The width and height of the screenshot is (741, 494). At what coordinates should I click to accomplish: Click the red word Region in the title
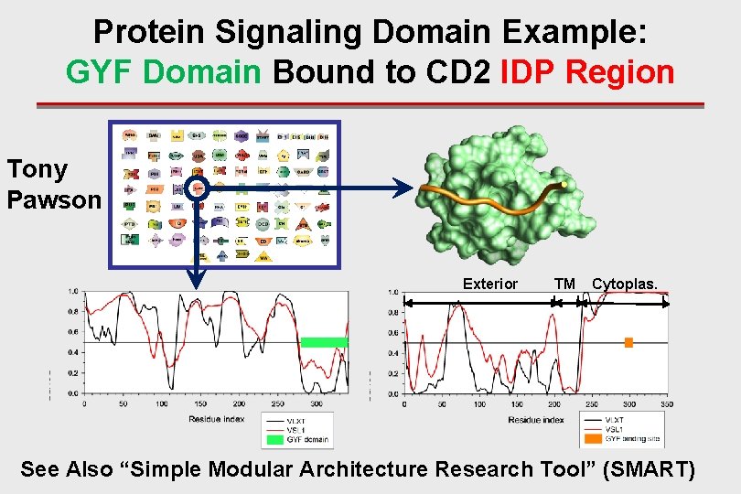(620, 70)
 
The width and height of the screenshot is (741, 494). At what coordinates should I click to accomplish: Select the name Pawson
(53, 199)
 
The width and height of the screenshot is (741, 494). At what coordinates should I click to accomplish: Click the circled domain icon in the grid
(198, 189)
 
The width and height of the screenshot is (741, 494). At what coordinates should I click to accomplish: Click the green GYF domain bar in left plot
(324, 342)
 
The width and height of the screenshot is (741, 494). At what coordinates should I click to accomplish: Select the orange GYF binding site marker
(628, 342)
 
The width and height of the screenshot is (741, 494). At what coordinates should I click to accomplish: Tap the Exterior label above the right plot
(489, 284)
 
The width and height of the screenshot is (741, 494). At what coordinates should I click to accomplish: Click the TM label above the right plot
(564, 284)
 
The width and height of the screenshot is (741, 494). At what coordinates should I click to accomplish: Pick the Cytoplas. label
(624, 284)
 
